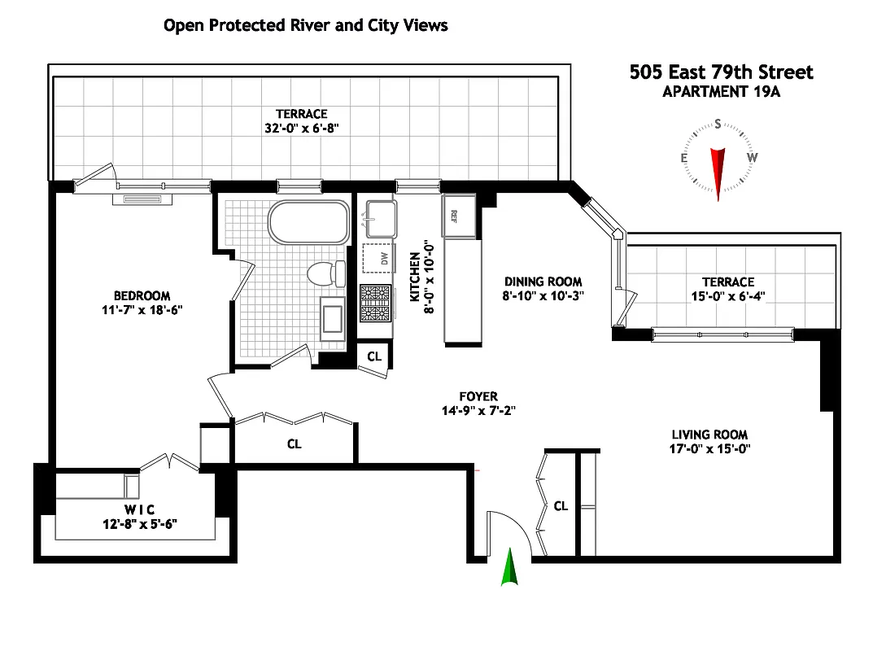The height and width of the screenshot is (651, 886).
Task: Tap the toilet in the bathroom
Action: [x=326, y=273]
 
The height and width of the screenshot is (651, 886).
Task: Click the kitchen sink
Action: [x=378, y=216]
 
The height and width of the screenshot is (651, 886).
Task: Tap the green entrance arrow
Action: [x=509, y=568]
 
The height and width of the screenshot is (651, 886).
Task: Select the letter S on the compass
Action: [x=718, y=124]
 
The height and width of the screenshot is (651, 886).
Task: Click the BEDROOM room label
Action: [x=142, y=295]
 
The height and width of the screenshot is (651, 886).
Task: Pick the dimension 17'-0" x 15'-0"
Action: [x=709, y=448]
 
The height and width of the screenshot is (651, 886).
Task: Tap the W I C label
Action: [x=140, y=509]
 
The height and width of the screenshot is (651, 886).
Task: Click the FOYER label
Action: [x=478, y=397]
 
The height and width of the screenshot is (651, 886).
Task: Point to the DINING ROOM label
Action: [x=543, y=282]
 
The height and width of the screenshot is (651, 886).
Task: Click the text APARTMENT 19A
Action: [x=721, y=91]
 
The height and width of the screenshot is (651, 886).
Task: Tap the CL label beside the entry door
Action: [x=561, y=506]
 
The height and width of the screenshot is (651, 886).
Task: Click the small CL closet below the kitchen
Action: [x=374, y=356]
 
